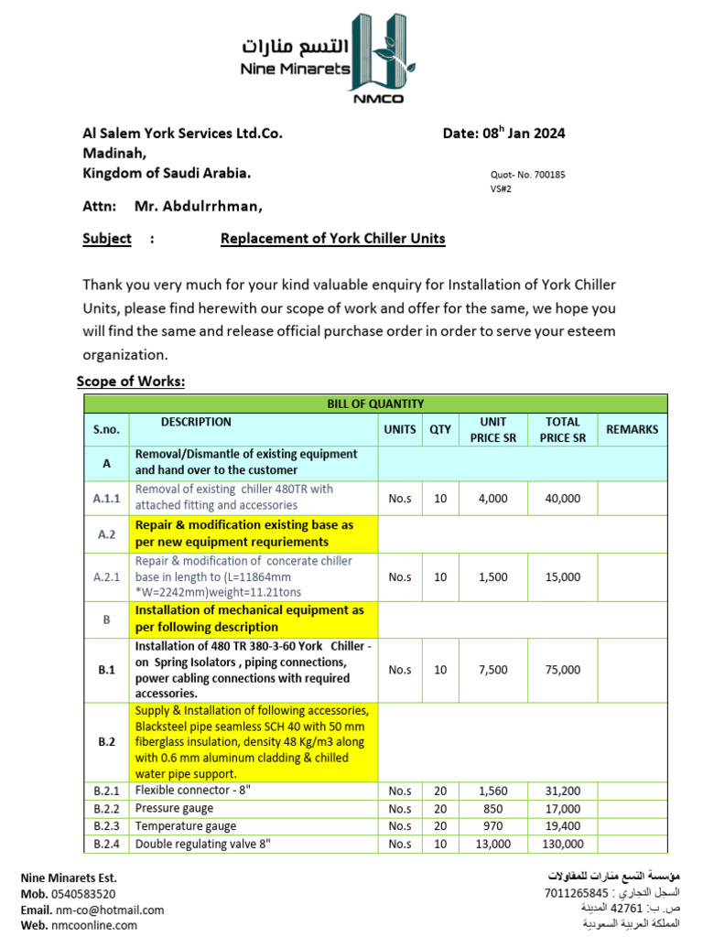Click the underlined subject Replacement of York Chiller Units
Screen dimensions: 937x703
tap(332, 239)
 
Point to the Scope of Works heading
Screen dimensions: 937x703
tap(131, 381)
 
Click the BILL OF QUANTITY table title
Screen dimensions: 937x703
tap(375, 404)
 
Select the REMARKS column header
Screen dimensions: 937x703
tap(632, 429)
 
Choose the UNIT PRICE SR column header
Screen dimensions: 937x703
tap(492, 429)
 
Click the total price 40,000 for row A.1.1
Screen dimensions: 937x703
tap(562, 498)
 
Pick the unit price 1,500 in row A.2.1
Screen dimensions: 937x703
tap(492, 576)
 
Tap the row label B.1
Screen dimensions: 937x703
tap(106, 670)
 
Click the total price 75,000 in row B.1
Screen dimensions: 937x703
tap(562, 670)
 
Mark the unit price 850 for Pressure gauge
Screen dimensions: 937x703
tap(492, 809)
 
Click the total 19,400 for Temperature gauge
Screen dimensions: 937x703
tap(562, 826)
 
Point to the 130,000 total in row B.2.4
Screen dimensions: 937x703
tap(562, 844)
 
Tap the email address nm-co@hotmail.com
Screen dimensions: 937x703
tap(110, 910)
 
